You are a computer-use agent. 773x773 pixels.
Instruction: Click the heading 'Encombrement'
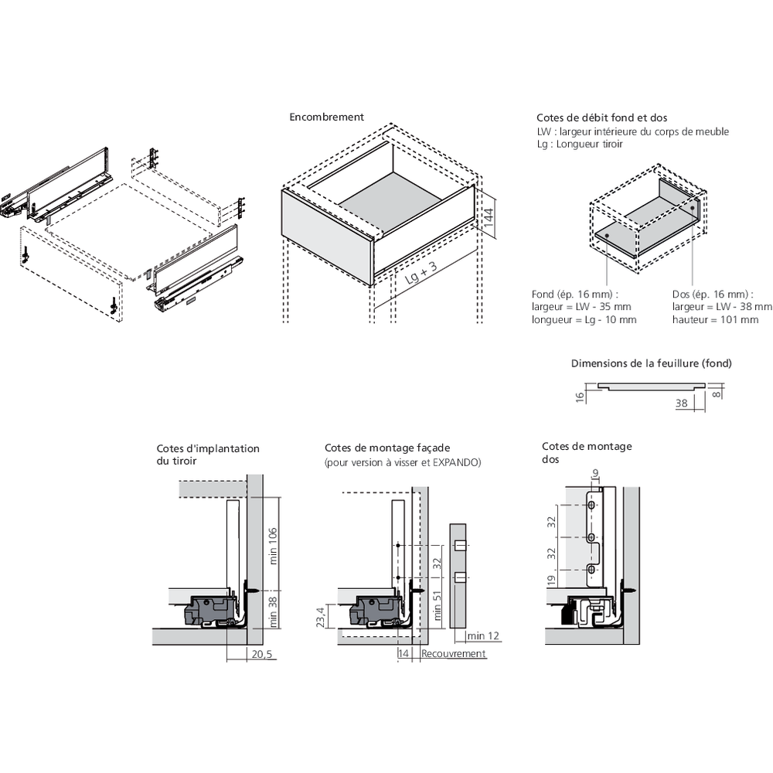326,117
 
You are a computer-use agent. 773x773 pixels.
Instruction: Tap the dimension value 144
488,216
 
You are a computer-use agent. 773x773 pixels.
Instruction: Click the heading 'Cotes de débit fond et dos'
601,118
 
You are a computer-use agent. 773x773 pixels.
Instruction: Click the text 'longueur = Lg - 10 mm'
584,319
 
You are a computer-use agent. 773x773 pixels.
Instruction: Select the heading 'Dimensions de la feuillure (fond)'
651,363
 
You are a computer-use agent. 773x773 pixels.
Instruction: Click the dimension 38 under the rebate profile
681,403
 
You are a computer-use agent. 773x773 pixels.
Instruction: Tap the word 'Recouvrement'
454,654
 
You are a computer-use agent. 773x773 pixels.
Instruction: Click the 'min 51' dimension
438,607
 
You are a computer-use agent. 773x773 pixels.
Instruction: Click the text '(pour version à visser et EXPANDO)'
402,462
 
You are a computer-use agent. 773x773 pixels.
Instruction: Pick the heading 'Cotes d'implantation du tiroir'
208,455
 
